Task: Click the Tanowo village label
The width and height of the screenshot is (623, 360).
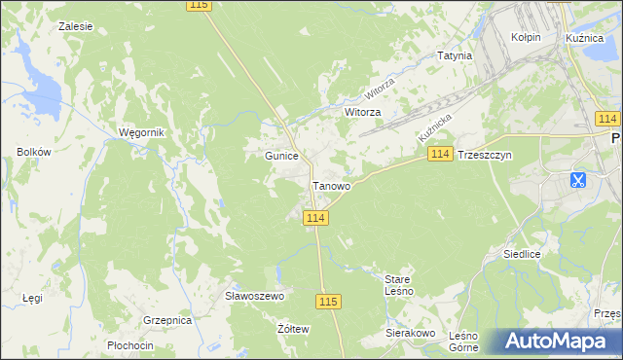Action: pos(331,186)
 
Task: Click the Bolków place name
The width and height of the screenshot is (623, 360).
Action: pos(33,152)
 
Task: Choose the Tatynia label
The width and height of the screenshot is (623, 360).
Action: pos(455,55)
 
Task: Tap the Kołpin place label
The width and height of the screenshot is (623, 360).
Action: pos(526,37)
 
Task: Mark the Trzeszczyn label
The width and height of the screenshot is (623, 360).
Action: pos(484,155)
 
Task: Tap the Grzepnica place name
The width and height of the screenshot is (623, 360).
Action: pos(166,319)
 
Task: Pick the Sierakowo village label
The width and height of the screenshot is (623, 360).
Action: pos(410,333)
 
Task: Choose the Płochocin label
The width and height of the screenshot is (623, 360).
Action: pos(130,345)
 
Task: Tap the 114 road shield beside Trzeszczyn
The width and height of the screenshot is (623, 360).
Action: pos(440,155)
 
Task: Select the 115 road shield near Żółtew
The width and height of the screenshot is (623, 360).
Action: pos(328,303)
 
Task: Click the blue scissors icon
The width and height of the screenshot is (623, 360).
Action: pos(577,180)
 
